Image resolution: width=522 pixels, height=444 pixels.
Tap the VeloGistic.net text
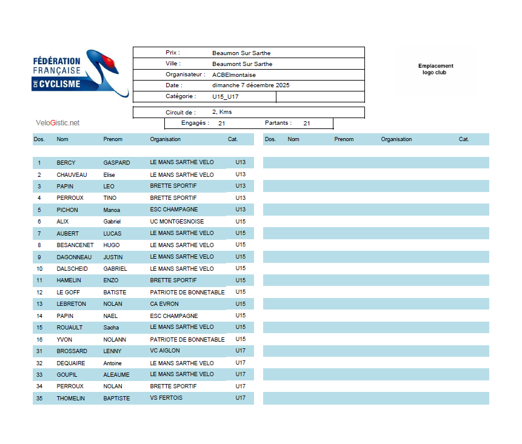pyautogui.click(x=58, y=123)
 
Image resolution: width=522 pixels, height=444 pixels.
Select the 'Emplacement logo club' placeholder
pyautogui.click(x=435, y=69)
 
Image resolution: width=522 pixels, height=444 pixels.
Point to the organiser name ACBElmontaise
pyautogui.click(x=234, y=75)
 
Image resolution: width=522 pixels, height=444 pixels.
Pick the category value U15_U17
pyautogui.click(x=224, y=96)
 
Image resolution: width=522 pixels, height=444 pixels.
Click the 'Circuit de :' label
pyautogui.click(x=181, y=113)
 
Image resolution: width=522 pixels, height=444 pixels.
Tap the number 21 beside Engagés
pyautogui.click(x=222, y=124)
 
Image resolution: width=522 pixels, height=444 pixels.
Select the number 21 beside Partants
pyautogui.click(x=307, y=124)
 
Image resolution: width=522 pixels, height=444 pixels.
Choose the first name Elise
pyautogui.click(x=109, y=175)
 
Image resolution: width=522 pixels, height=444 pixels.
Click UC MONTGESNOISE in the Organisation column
pyautogui.click(x=177, y=222)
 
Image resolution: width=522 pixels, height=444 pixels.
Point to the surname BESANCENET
pyautogui.click(x=75, y=245)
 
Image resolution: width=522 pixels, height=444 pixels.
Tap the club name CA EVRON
pyautogui.click(x=164, y=304)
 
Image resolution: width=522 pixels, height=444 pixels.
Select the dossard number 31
pyautogui.click(x=39, y=351)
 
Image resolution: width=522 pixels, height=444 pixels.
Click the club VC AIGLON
pyautogui.click(x=165, y=351)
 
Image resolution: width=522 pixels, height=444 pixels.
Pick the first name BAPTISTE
pyautogui.click(x=116, y=399)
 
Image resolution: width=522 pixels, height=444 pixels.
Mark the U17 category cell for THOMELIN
pyautogui.click(x=241, y=398)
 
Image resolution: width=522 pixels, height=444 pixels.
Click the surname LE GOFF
pyautogui.click(x=68, y=293)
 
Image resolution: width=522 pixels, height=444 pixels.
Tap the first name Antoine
pyautogui.click(x=112, y=363)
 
